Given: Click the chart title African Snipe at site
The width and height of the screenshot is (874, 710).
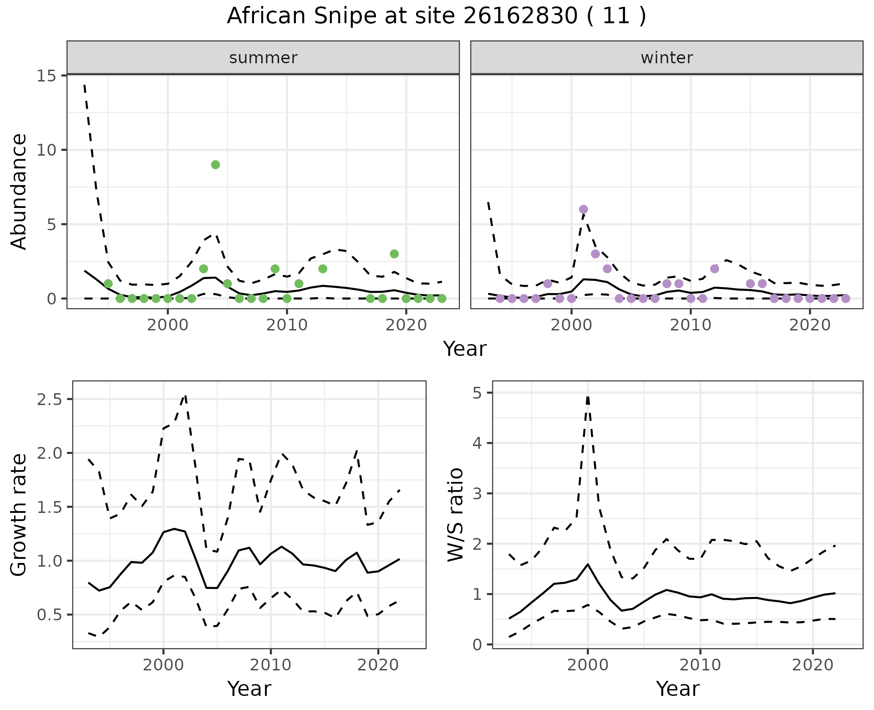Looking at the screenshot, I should pyautogui.click(x=436, y=16).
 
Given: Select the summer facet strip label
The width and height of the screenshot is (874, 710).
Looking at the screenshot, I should pyautogui.click(x=263, y=58).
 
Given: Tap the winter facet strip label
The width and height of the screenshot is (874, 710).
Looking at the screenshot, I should pyautogui.click(x=666, y=58).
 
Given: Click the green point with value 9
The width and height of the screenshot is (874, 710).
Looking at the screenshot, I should pyautogui.click(x=216, y=165).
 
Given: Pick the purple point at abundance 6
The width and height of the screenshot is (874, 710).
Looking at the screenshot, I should pyautogui.click(x=583, y=209).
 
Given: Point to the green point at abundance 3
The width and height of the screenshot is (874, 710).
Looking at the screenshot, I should pyautogui.click(x=394, y=254).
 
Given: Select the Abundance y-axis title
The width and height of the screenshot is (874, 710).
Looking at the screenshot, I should pyautogui.click(x=19, y=191).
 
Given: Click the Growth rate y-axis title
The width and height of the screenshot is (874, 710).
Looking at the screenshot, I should pyautogui.click(x=19, y=515).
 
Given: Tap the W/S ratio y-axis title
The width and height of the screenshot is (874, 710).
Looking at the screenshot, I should pyautogui.click(x=456, y=515).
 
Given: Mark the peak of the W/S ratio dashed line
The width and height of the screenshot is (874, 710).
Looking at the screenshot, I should pyautogui.click(x=588, y=397).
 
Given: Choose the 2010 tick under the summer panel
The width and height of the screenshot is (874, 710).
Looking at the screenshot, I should pyautogui.click(x=287, y=325).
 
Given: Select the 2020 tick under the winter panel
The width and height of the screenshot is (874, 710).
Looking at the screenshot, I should pyautogui.click(x=810, y=325).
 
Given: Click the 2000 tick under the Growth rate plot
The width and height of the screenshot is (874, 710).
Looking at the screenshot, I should pyautogui.click(x=163, y=665).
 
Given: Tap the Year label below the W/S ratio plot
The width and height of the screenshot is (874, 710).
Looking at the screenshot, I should pyautogui.click(x=677, y=689).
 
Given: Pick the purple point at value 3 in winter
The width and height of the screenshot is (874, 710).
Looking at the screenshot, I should pyautogui.click(x=595, y=254).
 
